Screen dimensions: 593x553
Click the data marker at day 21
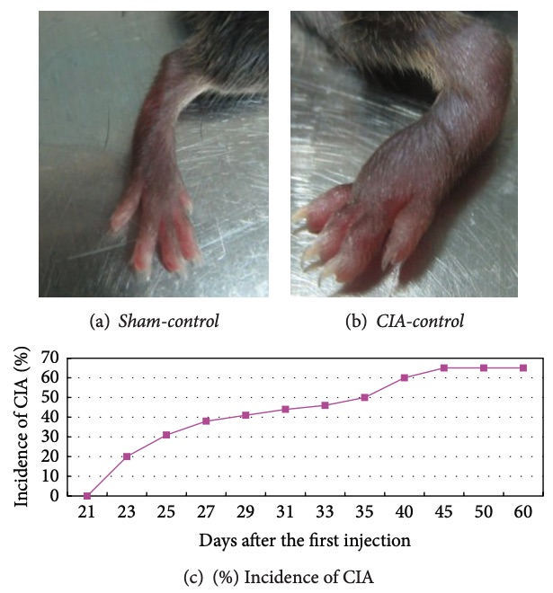click(87, 495)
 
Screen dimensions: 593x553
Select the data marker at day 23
click(127, 456)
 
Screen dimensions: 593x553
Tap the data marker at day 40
click(405, 377)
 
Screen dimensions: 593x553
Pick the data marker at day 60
click(523, 367)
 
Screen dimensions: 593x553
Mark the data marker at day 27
click(206, 420)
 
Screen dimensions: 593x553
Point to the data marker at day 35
click(365, 397)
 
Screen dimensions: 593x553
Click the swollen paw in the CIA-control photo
click(360, 225)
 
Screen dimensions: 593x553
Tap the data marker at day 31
click(286, 409)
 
